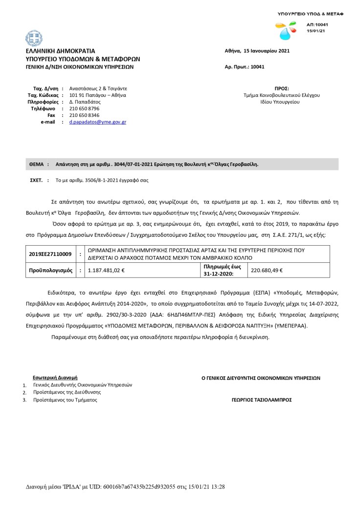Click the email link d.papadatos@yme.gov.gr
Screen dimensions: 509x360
pos(97,122)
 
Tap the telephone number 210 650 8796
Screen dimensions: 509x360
pos(84,108)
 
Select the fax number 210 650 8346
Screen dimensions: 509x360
pos(84,115)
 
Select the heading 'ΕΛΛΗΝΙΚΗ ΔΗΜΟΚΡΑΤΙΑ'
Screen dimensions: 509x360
pos(61,51)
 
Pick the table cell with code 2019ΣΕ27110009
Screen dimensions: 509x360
pos(50,254)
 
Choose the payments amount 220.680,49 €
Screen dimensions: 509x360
pos(267,270)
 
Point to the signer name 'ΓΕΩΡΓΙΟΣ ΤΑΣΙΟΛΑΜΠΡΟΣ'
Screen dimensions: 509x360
pos(262,399)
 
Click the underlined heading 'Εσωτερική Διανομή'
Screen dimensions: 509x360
pos(55,378)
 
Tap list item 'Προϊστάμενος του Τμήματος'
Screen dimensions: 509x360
pos(65,400)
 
